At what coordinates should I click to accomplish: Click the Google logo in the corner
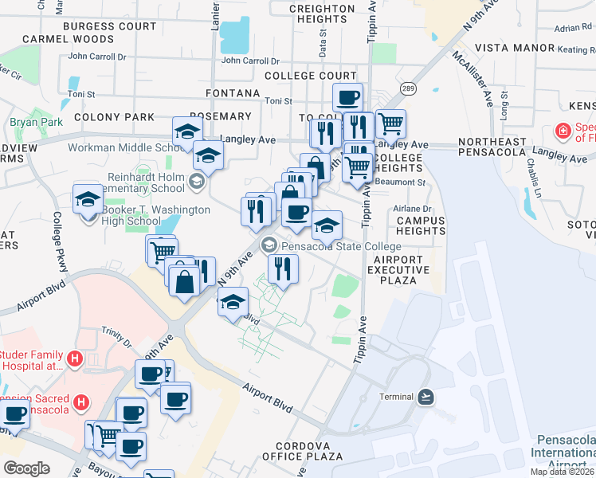tap(26, 468)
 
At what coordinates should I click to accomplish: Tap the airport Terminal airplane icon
tap(425, 397)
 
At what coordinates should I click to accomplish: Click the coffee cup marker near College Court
tap(347, 98)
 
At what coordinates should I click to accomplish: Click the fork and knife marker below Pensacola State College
tap(283, 268)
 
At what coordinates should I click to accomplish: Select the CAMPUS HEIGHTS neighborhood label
tap(421, 225)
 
